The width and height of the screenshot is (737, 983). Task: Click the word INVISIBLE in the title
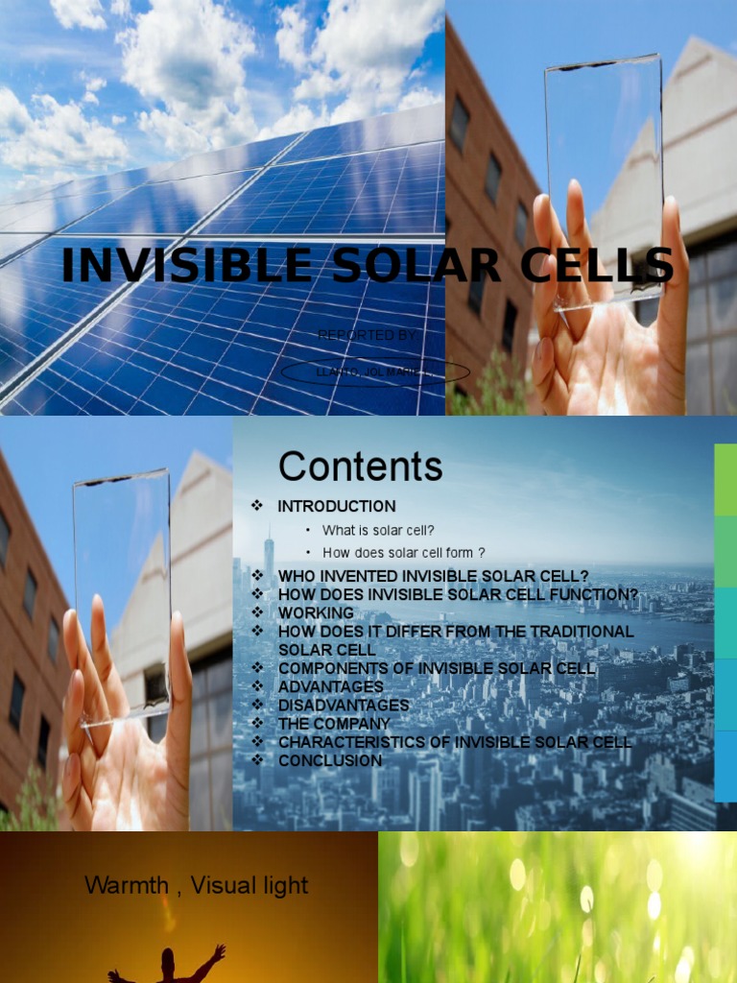click(x=191, y=266)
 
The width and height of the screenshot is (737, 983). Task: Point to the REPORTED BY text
click(x=367, y=335)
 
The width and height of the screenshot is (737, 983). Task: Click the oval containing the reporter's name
click(x=375, y=372)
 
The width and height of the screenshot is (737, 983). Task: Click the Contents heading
click(x=360, y=467)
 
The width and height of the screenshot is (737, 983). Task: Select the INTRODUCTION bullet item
click(x=336, y=506)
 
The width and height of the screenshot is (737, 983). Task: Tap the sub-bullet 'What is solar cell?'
click(x=378, y=531)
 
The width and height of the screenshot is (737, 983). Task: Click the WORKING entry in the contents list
click(x=315, y=612)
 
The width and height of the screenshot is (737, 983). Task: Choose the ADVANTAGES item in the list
click(x=330, y=686)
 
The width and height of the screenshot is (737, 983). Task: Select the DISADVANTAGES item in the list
click(x=343, y=705)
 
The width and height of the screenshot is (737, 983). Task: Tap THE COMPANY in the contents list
click(x=334, y=723)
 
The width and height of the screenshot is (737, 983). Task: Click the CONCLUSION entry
click(x=329, y=760)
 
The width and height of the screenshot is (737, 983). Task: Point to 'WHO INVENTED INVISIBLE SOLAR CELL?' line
click(x=433, y=576)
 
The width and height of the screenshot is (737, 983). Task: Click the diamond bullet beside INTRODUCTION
click(x=256, y=506)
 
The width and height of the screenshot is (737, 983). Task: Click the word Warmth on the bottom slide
click(x=127, y=885)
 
